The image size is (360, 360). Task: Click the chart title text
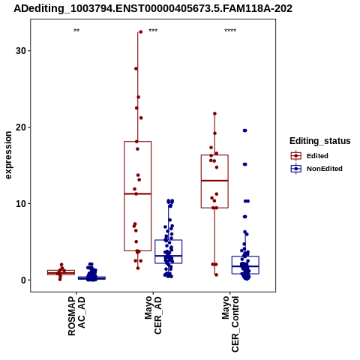(x=153, y=9)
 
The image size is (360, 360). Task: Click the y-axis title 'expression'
(x=8, y=155)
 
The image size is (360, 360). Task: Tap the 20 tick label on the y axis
(x=20, y=127)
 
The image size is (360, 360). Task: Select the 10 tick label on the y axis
(x=20, y=204)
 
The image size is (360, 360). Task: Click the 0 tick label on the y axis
(x=23, y=280)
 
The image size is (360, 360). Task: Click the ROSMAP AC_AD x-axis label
(x=76, y=316)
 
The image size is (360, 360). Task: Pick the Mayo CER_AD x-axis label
(x=153, y=315)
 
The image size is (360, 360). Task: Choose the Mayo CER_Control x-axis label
(x=230, y=324)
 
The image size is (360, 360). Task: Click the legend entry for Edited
(x=310, y=156)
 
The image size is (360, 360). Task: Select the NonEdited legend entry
(x=316, y=169)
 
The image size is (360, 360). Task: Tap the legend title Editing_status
(x=320, y=141)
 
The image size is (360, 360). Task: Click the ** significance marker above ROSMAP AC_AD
(x=76, y=31)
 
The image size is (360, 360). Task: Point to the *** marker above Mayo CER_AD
(x=153, y=31)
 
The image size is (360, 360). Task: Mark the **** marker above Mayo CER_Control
(x=230, y=31)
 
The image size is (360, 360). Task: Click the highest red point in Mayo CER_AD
(x=140, y=32)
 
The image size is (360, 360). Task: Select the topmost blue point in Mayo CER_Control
(x=245, y=130)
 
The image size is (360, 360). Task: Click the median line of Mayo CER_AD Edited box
(x=138, y=193)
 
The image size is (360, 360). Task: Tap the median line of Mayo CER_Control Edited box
(x=214, y=181)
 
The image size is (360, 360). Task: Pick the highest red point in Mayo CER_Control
(x=214, y=114)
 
